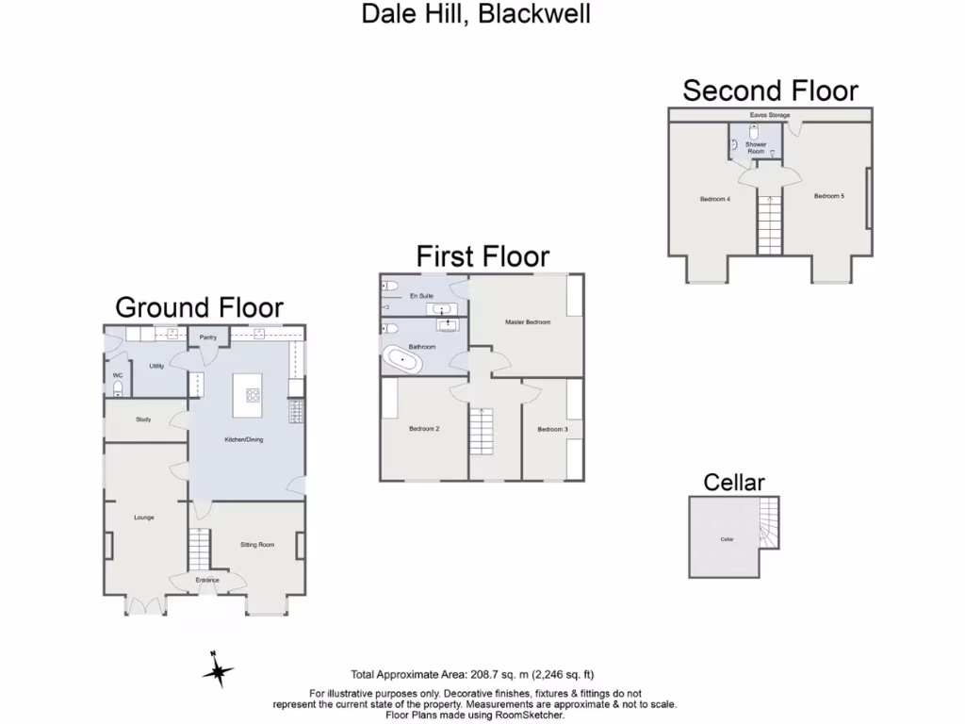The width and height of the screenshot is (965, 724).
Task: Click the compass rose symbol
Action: (218, 671)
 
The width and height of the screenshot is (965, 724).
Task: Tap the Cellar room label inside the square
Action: (727, 539)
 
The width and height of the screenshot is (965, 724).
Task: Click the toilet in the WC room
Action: (118, 387)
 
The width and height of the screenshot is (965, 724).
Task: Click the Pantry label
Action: (208, 337)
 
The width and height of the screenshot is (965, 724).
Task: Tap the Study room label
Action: (143, 420)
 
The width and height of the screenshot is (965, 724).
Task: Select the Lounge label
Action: (144, 518)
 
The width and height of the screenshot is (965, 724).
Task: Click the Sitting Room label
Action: (257, 545)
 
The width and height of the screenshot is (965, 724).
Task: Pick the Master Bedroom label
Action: (527, 322)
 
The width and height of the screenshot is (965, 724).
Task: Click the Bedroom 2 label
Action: (425, 429)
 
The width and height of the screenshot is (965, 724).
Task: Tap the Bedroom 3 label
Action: (553, 429)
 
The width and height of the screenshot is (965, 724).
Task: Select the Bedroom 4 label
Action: (714, 199)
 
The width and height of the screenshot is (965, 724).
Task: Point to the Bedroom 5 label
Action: (828, 195)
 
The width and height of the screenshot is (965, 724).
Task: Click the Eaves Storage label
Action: (769, 115)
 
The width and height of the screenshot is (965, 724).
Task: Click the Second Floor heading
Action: (770, 90)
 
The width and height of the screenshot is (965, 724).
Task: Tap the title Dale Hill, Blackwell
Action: (476, 15)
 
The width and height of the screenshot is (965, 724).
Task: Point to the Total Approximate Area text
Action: (472, 674)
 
